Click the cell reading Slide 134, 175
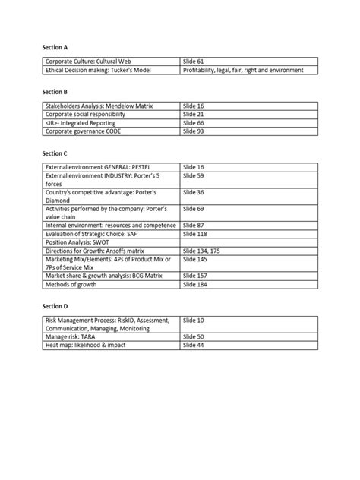click(203, 251)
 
